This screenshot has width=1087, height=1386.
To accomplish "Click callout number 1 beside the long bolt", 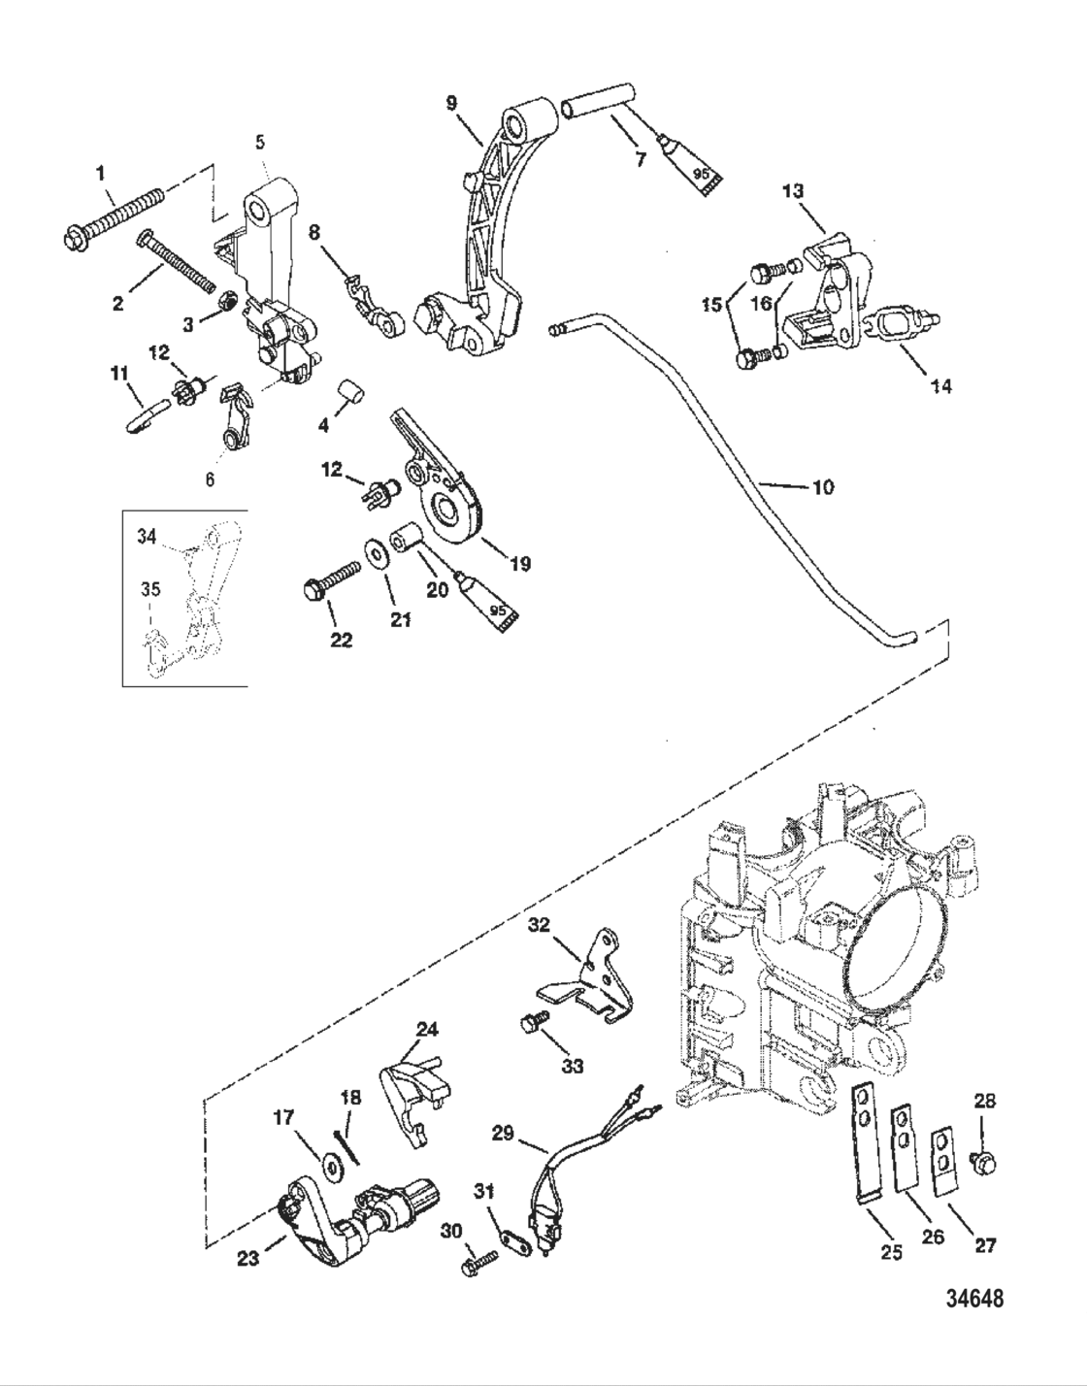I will tap(100, 174).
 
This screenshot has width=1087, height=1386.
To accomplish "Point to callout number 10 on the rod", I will tap(821, 487).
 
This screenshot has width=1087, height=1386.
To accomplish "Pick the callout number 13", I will tap(793, 192).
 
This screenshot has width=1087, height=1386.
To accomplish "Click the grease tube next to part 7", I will tap(689, 166).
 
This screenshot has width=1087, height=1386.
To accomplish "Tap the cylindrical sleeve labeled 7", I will tap(594, 101).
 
